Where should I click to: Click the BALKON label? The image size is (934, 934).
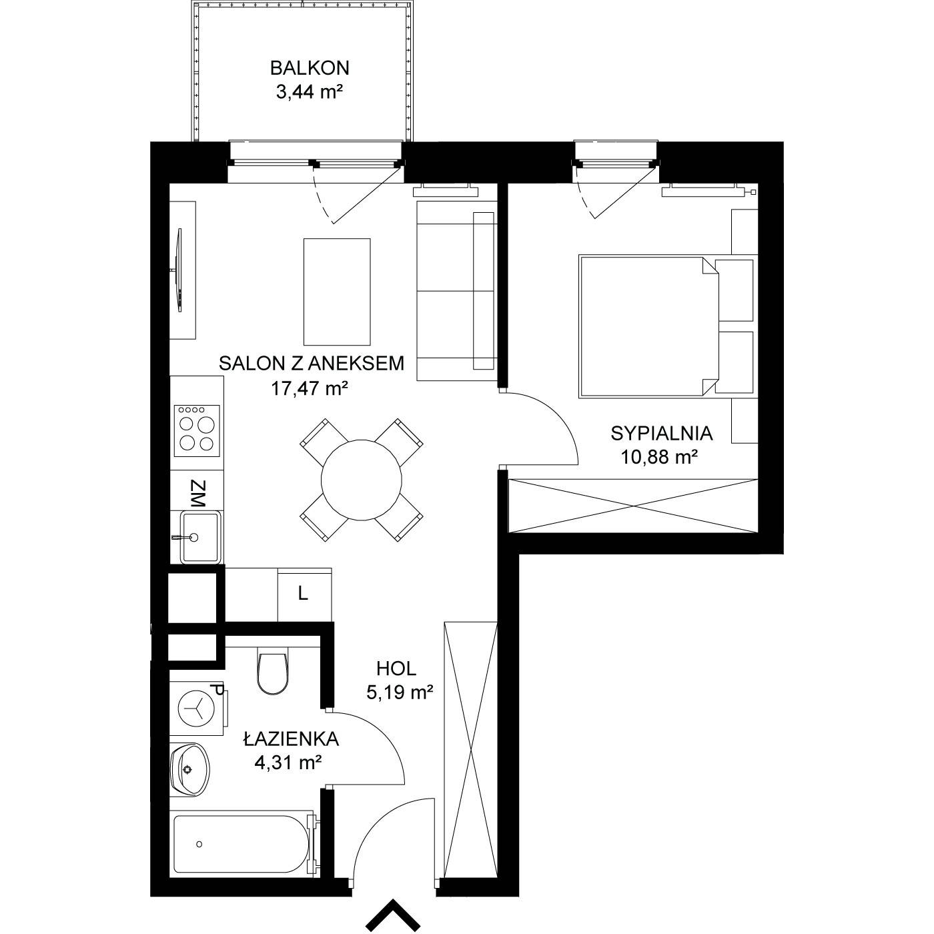(310, 68)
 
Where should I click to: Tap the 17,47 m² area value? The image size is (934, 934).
(310, 389)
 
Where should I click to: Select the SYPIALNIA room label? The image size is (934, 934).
(662, 434)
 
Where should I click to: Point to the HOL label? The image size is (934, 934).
(396, 669)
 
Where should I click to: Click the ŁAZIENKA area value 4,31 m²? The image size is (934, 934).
(288, 763)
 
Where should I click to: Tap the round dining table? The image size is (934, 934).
(361, 480)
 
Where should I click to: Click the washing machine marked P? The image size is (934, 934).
(197, 708)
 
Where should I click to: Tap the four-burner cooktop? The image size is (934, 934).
(197, 431)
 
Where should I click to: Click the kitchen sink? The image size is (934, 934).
(199, 537)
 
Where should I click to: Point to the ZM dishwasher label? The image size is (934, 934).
(197, 494)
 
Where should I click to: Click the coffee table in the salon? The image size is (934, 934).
(337, 292)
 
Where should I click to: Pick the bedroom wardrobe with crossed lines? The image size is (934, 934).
(632, 506)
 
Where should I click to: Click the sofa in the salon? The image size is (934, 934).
(456, 291)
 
